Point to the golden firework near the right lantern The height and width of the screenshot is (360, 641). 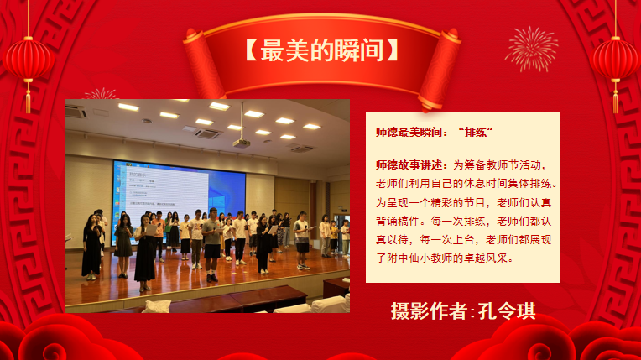[532, 49]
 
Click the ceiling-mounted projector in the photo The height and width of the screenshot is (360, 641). [242, 142]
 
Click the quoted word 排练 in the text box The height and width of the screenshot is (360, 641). [476, 133]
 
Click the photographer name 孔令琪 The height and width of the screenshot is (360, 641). [507, 311]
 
